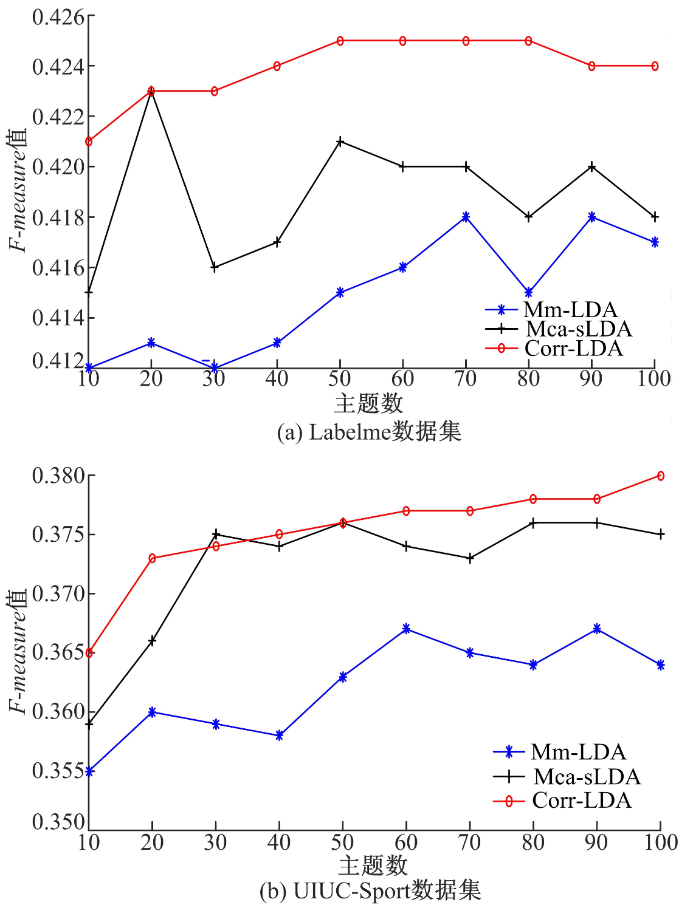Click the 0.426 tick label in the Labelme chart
[x=58, y=17]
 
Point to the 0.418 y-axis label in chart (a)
[x=58, y=217]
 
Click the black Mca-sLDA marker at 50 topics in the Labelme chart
[x=340, y=142]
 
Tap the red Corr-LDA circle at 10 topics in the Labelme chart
[x=89, y=142]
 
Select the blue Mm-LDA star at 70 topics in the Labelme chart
[x=466, y=217]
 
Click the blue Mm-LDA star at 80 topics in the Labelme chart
[x=529, y=293]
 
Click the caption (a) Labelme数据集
[x=369, y=432]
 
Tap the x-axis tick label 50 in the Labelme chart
[x=340, y=379]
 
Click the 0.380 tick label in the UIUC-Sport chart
[x=58, y=476]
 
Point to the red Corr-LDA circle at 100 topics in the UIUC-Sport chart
[x=661, y=476]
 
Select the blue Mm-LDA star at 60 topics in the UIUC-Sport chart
[x=406, y=629]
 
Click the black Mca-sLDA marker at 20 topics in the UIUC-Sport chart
[x=152, y=641]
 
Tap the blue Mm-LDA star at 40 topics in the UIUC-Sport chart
[x=279, y=736]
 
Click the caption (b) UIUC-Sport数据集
[x=370, y=891]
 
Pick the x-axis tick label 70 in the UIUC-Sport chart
[x=470, y=842]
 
